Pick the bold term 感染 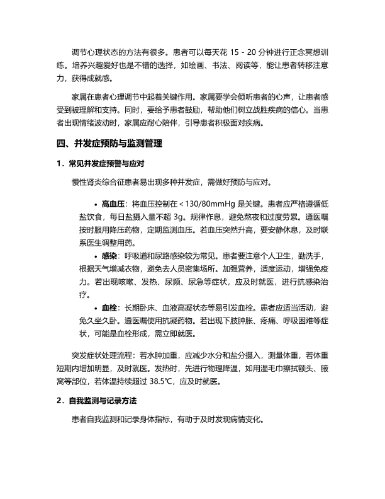(108, 257)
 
